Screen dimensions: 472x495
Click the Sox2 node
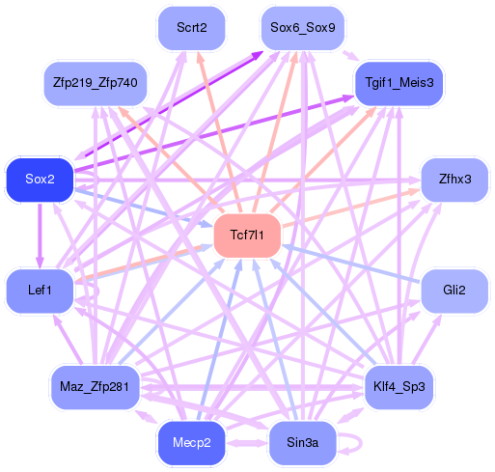click(x=40, y=180)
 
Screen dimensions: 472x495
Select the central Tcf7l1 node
click(x=247, y=235)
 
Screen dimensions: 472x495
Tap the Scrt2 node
click(x=191, y=28)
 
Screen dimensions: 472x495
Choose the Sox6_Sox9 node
click(x=302, y=28)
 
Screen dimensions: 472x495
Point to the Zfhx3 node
click(x=454, y=180)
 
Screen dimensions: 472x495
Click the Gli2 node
click(x=454, y=291)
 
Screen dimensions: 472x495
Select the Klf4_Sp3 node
click(x=399, y=386)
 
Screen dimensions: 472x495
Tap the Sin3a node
click(x=302, y=442)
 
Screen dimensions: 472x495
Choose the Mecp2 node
click(x=191, y=442)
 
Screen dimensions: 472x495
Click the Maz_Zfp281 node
click(x=95, y=386)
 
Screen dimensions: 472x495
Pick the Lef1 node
click(x=40, y=291)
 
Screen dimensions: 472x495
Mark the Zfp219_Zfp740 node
click(x=95, y=84)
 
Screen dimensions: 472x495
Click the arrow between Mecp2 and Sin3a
click(x=247, y=444)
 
